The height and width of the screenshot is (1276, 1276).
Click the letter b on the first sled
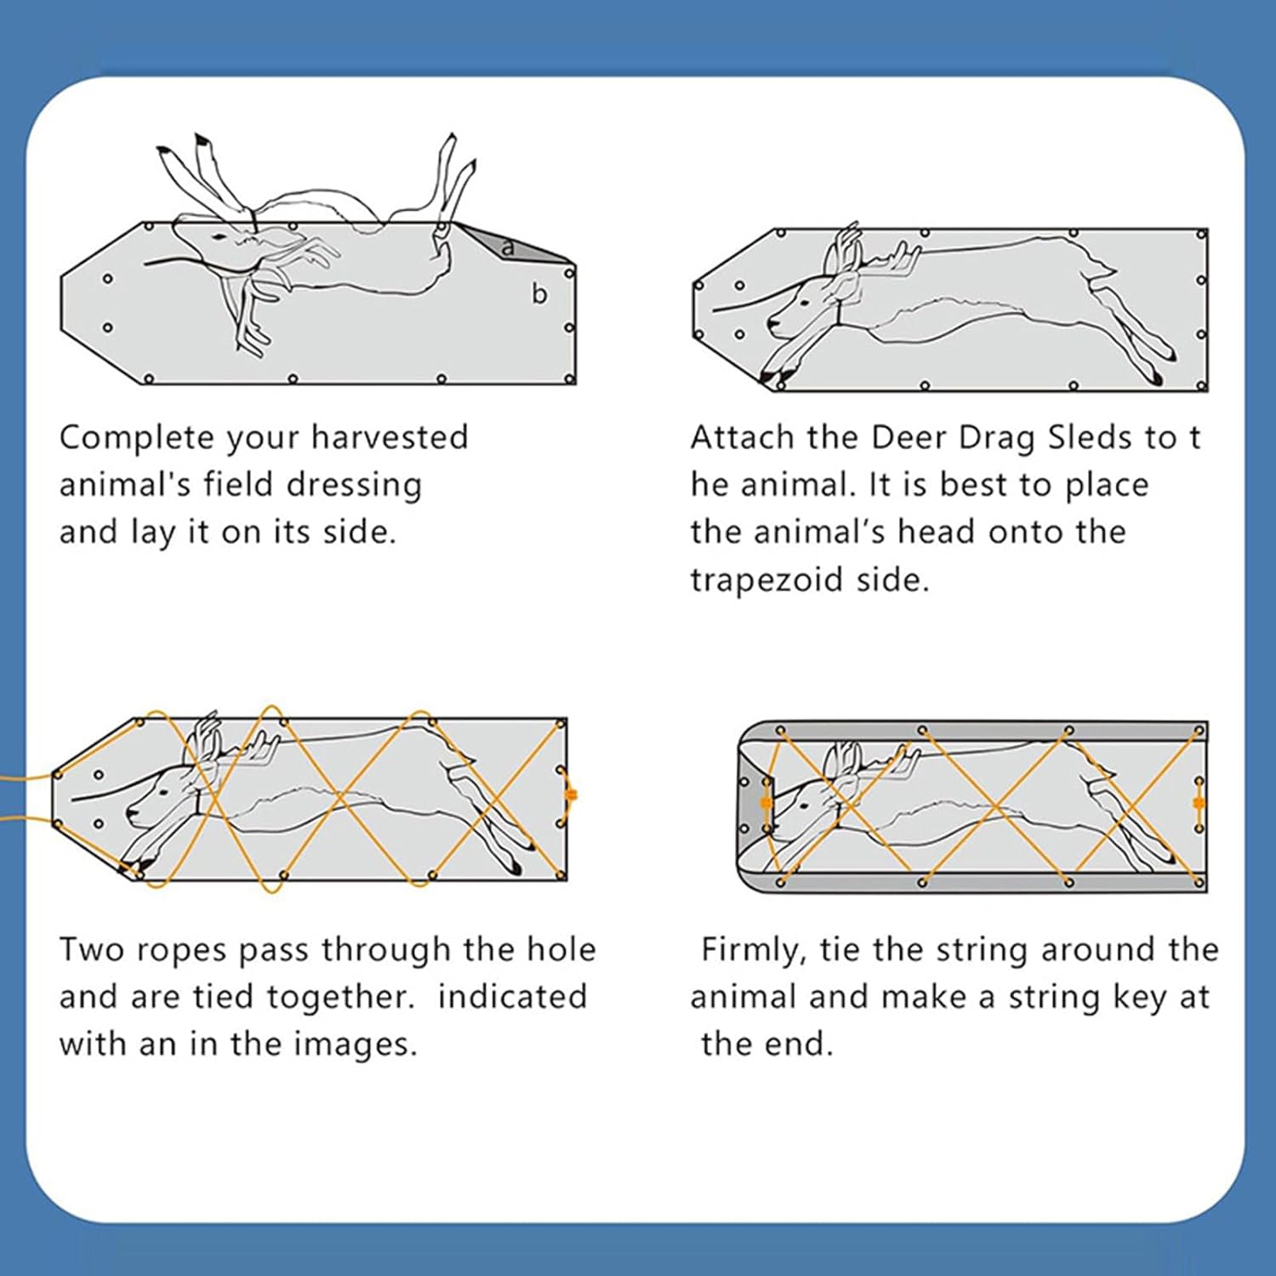click(538, 293)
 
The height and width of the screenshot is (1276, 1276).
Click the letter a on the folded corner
click(508, 248)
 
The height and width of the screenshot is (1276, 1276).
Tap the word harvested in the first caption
click(390, 437)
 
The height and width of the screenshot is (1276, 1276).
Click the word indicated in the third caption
click(512, 997)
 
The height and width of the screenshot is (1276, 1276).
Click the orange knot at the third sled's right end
click(571, 795)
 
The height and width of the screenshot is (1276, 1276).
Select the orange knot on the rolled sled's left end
click(766, 803)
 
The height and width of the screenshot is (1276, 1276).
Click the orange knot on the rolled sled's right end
click(1199, 803)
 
